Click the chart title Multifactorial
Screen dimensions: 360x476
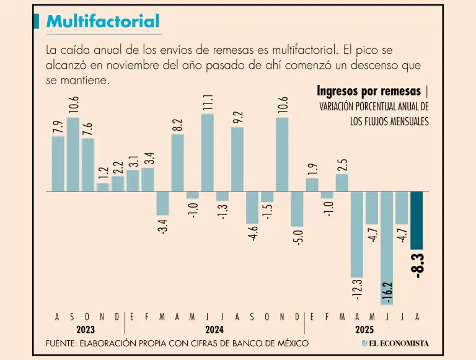(x=103, y=22)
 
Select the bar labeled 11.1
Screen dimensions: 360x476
(x=207, y=152)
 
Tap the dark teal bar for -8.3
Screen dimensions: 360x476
(x=416, y=220)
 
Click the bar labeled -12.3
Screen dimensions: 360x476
(x=357, y=234)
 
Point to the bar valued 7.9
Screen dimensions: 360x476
(x=58, y=164)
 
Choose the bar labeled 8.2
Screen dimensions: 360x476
(x=177, y=163)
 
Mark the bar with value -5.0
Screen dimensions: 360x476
(x=297, y=209)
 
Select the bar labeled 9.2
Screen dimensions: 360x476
(x=237, y=159)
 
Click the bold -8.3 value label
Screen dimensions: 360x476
(x=418, y=265)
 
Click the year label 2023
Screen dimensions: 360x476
(x=86, y=330)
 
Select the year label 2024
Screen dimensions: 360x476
(x=214, y=330)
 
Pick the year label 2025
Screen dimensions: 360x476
(x=364, y=330)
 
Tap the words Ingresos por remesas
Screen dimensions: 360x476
(x=369, y=92)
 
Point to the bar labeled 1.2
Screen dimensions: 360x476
(x=103, y=187)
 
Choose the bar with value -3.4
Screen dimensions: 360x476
(x=162, y=203)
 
